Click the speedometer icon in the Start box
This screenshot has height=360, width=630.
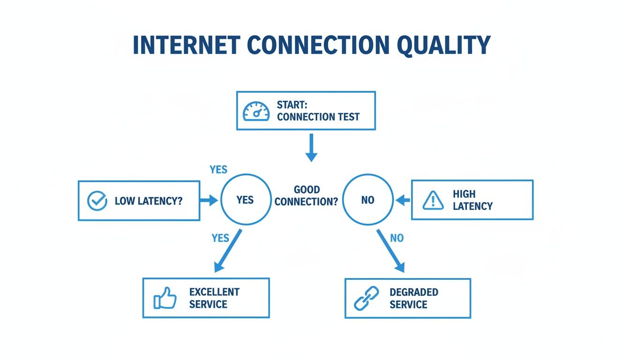click(x=256, y=111)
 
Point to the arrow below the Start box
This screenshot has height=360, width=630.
click(x=311, y=148)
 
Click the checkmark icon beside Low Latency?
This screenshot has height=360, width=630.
click(x=97, y=201)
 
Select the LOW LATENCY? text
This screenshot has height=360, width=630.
click(x=149, y=201)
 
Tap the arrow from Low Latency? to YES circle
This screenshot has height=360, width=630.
click(x=209, y=201)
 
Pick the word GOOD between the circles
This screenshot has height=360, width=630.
click(x=307, y=190)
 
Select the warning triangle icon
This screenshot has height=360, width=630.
click(x=433, y=200)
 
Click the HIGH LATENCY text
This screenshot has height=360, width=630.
click(x=472, y=200)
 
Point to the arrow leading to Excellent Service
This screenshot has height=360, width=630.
click(x=228, y=251)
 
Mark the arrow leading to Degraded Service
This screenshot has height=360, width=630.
click(x=390, y=251)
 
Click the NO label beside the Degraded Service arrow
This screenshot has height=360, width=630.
click(x=397, y=238)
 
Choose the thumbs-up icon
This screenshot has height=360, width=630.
click(x=165, y=299)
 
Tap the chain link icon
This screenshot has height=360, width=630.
click(x=365, y=299)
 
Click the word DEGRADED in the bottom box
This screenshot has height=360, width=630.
click(x=413, y=292)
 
